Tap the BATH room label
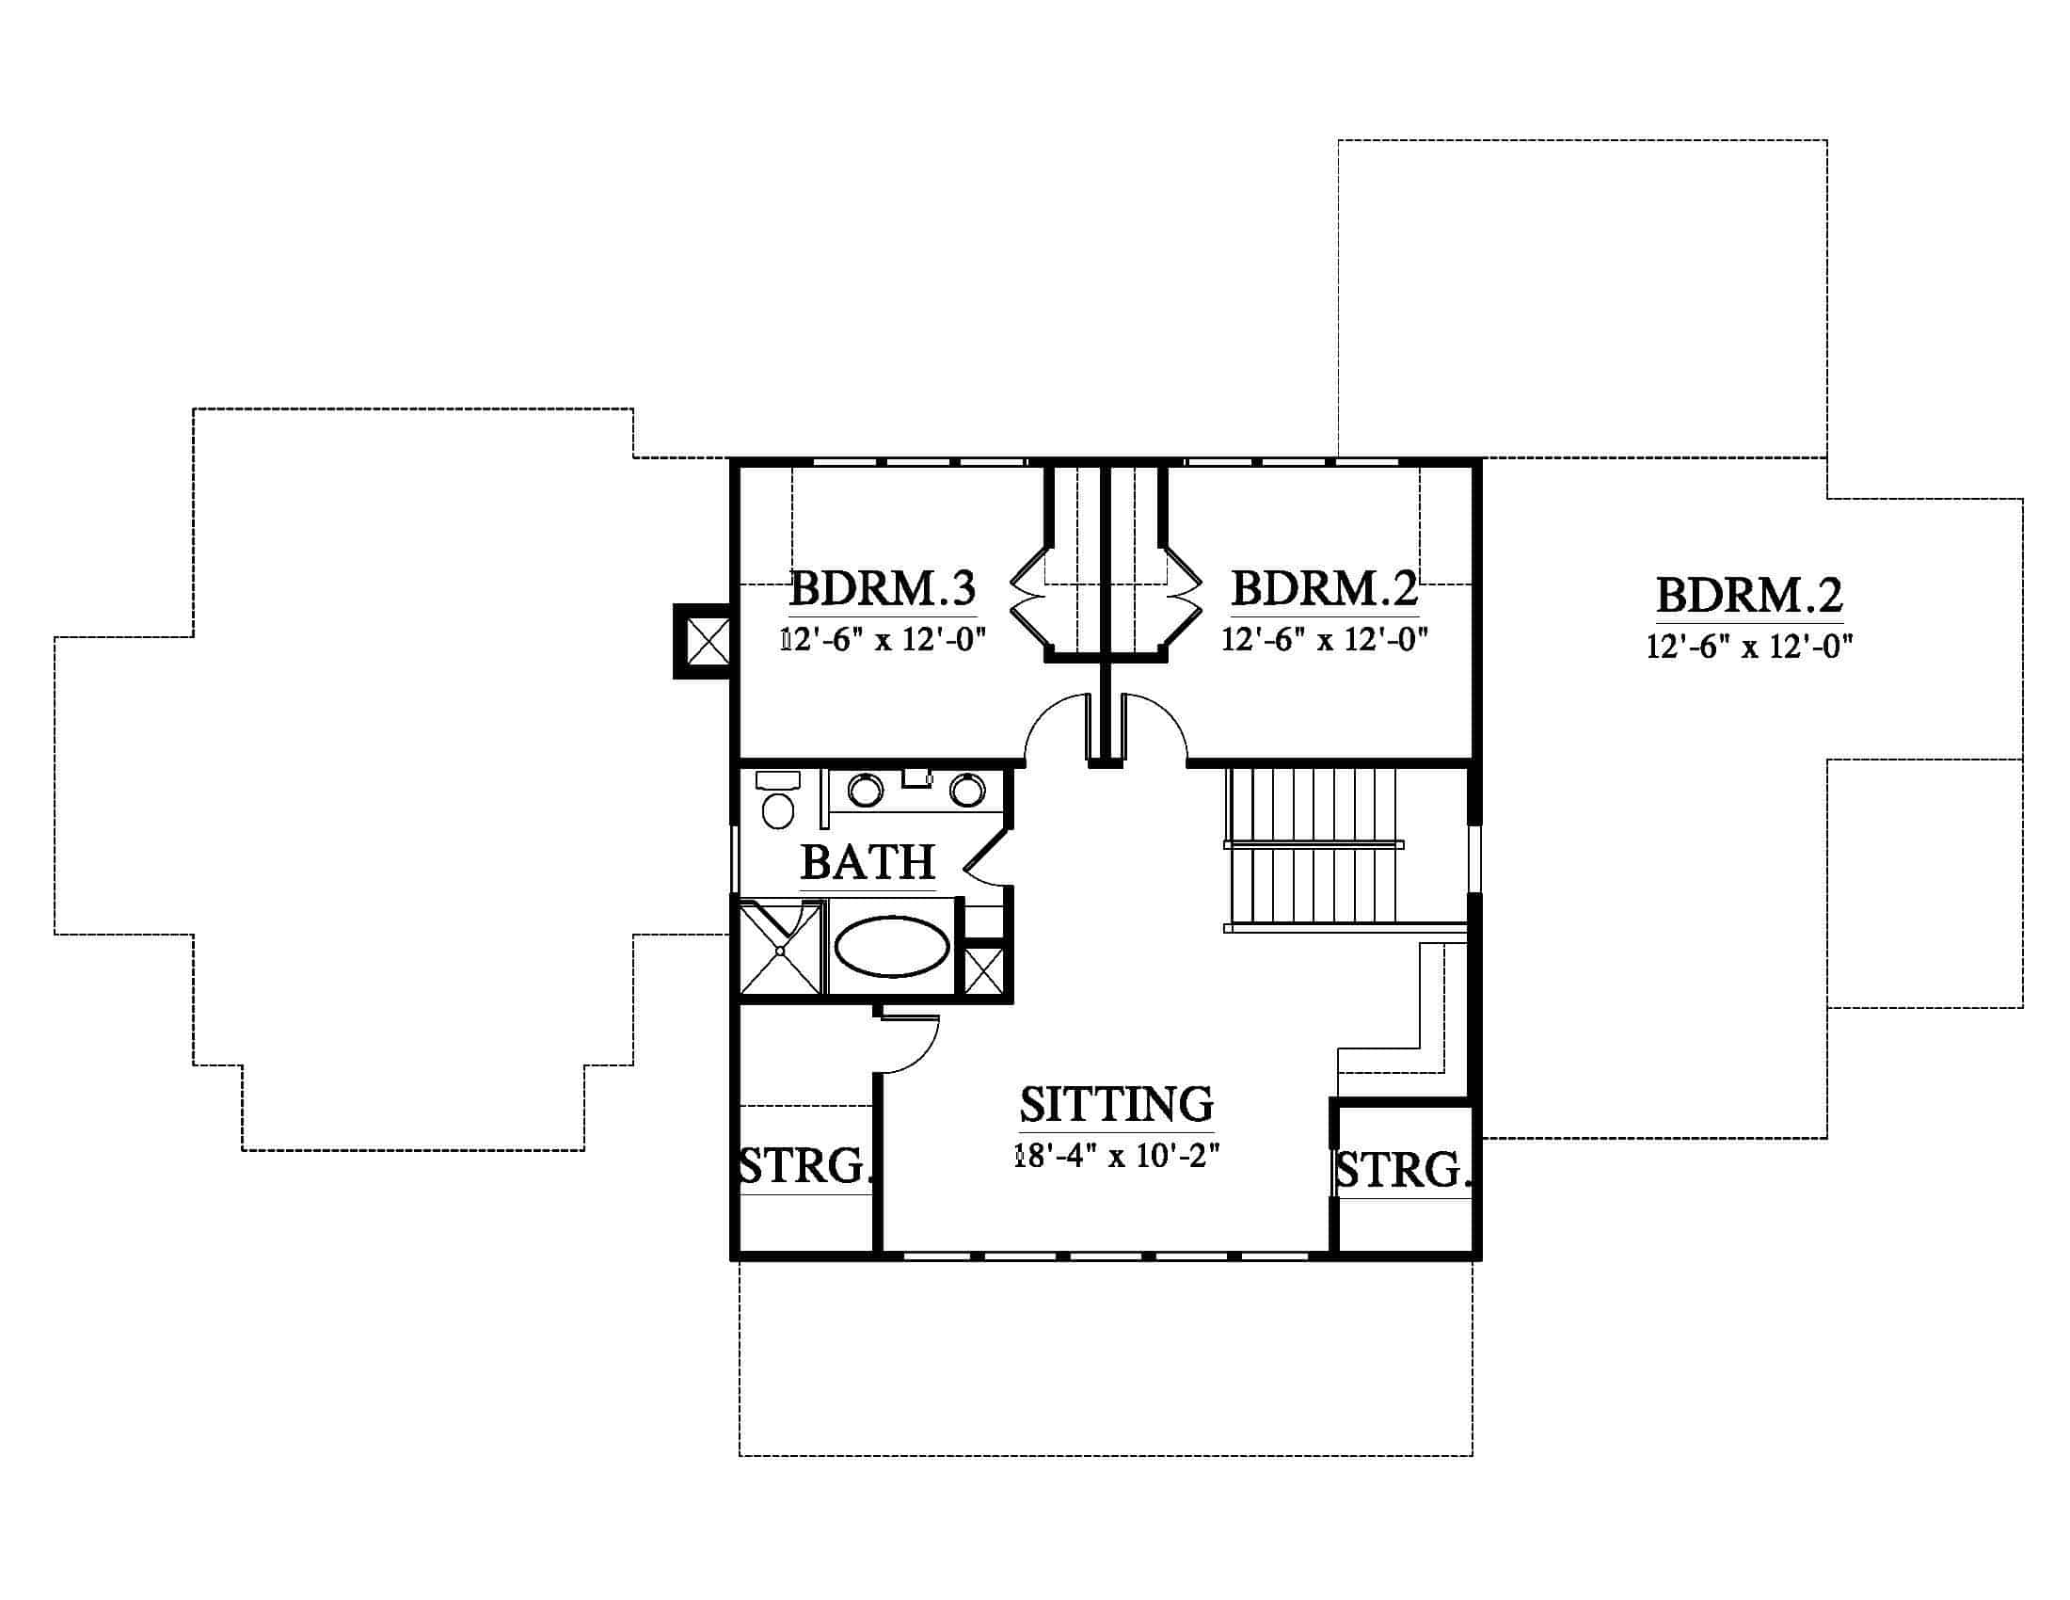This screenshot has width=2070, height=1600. tap(868, 861)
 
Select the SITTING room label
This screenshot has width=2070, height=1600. tap(1117, 1103)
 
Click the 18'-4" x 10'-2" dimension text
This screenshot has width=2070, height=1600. tap(1117, 1156)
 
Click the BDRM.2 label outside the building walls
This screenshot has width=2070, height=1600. tap(1750, 595)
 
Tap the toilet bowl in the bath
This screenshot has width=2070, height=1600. tap(778, 811)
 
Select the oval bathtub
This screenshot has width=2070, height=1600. tap(892, 946)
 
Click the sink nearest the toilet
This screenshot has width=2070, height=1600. tap(866, 790)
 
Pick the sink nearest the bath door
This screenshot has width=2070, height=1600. tap(967, 790)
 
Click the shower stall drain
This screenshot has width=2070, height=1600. tap(780, 949)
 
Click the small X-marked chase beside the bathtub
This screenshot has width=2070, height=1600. tap(983, 968)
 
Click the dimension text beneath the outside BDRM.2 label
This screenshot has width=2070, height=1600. tap(1750, 647)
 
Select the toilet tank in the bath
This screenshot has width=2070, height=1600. tap(778, 780)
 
